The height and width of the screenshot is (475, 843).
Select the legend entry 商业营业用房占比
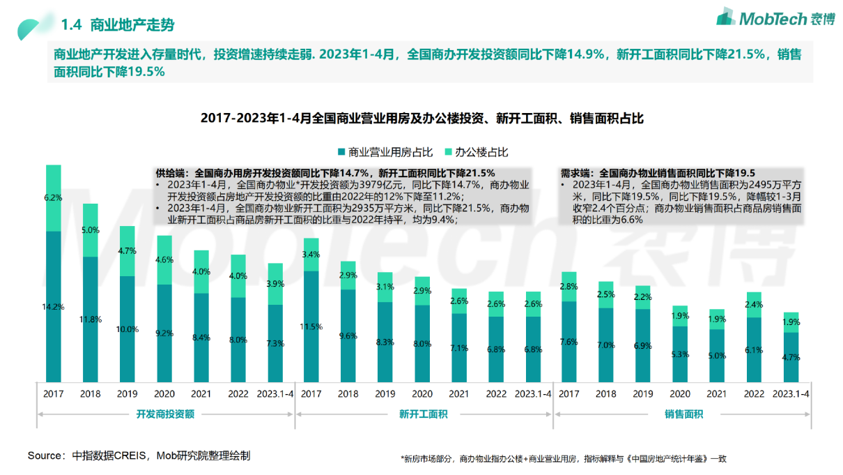(385, 152)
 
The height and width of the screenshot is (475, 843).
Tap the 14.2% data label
(53, 306)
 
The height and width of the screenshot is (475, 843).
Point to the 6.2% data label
(53, 197)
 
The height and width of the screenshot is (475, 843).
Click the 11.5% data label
(311, 326)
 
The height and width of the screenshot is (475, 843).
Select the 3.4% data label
(311, 254)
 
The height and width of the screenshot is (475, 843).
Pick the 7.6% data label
(569, 342)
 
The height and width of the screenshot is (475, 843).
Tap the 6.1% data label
(753, 349)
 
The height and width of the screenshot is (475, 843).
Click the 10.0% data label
(127, 329)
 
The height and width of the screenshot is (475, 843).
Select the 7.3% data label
(275, 343)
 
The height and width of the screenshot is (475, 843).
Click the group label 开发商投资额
(165, 414)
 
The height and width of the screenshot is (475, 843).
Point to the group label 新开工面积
(423, 414)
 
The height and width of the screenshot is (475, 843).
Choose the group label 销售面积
(683, 414)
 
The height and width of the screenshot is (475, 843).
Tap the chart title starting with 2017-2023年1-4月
(422, 119)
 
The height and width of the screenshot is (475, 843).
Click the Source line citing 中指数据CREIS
(139, 455)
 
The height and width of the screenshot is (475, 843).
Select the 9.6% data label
(348, 335)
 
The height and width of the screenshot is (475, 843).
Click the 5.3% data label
(679, 354)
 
